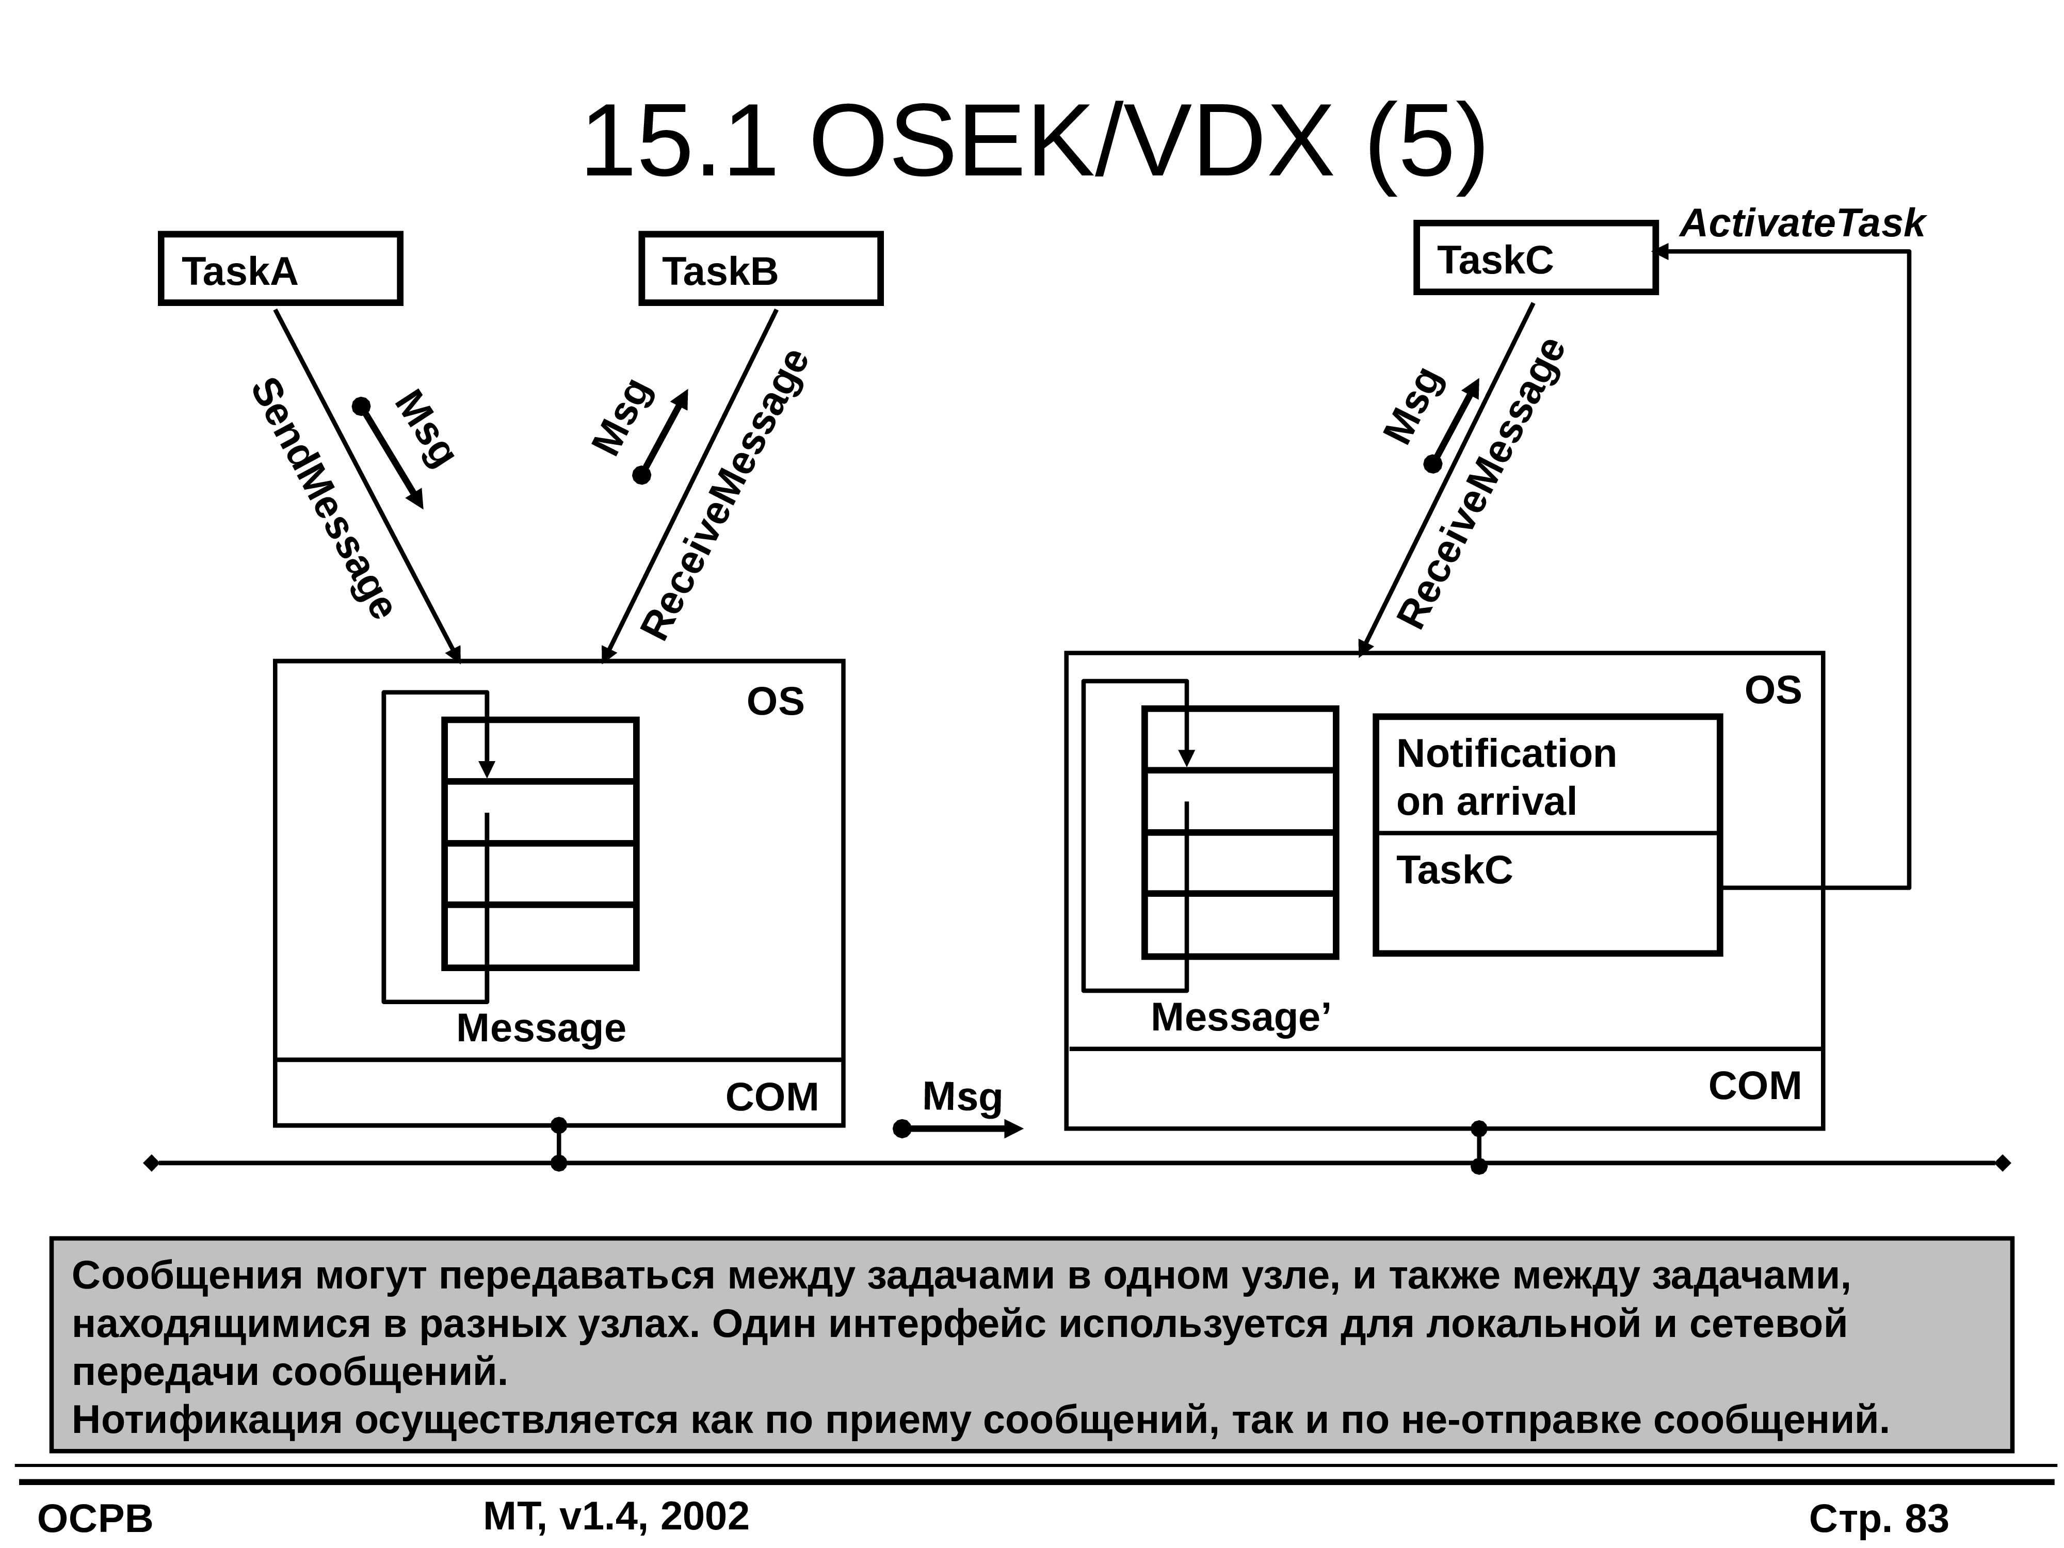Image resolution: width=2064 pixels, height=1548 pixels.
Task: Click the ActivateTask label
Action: click(1802, 224)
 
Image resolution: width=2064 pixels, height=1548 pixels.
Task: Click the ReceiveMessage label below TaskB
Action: click(725, 494)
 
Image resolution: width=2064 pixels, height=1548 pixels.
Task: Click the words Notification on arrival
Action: click(1506, 777)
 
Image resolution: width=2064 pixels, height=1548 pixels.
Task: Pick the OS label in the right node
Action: click(1773, 690)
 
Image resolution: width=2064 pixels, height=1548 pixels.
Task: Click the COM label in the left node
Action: click(771, 1098)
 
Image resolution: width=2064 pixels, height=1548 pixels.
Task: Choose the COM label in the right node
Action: click(1754, 1086)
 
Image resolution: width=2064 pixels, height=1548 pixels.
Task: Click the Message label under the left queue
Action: click(541, 1028)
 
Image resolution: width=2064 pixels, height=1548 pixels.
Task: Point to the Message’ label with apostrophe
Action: click(1241, 1017)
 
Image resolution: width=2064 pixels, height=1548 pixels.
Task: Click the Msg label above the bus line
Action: click(962, 1098)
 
